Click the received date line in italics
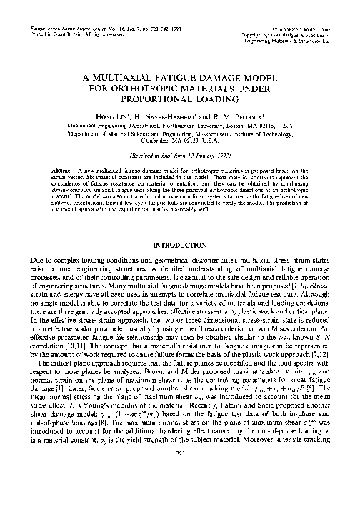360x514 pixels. pyautogui.click(x=180, y=154)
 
